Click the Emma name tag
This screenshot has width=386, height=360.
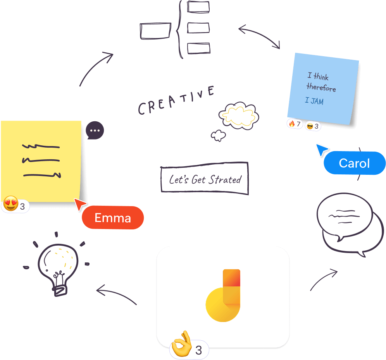(113, 218)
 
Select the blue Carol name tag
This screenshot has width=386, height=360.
(354, 163)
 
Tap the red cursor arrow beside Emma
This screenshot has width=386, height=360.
(80, 204)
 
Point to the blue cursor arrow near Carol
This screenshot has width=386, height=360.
(321, 149)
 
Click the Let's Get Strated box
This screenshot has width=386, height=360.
(205, 179)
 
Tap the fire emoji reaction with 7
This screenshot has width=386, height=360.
(295, 124)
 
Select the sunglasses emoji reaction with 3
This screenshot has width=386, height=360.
(313, 126)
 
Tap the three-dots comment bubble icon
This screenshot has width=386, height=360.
(94, 131)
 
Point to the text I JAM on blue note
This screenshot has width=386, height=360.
(314, 101)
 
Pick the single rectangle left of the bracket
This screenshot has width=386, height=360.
(155, 31)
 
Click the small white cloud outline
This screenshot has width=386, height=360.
(218, 135)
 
